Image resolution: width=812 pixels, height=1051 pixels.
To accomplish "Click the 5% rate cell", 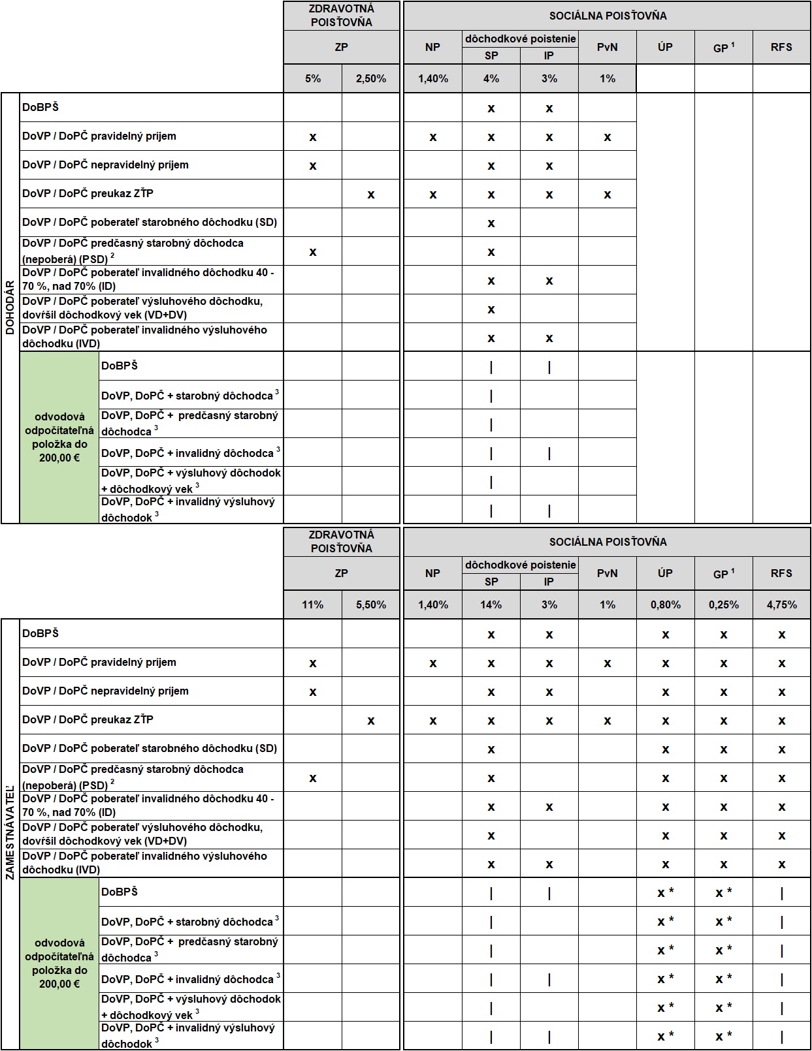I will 313,78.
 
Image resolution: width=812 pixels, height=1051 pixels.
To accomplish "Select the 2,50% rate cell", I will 370,78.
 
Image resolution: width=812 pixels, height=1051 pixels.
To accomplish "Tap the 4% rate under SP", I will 491,78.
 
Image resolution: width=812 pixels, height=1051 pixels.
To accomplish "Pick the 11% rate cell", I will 313,604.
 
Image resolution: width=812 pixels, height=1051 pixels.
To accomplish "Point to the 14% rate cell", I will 491,604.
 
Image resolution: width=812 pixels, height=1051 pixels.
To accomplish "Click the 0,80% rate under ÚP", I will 665,604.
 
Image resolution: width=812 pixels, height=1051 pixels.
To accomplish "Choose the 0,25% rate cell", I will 723,604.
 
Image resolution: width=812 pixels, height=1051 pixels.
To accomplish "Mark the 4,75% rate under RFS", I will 781,604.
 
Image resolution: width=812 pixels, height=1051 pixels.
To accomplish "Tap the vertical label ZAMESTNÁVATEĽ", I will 10,832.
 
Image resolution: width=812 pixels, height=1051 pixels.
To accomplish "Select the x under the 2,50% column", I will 371,195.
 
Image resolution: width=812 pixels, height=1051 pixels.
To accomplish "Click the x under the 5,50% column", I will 371,721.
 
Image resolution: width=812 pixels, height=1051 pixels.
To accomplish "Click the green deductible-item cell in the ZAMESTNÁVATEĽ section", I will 59,964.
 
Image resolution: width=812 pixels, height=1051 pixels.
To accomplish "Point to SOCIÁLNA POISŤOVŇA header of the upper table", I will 608,16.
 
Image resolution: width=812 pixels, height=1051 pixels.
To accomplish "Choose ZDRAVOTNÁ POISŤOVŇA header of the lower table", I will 342,542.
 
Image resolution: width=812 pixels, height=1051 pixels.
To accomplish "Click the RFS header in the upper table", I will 781,47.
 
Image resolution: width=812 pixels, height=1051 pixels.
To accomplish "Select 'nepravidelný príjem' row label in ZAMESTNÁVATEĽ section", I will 105,691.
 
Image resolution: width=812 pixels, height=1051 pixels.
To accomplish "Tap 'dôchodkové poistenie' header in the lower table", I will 521,565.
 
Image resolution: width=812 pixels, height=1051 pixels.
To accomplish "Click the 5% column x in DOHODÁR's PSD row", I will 313,252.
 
